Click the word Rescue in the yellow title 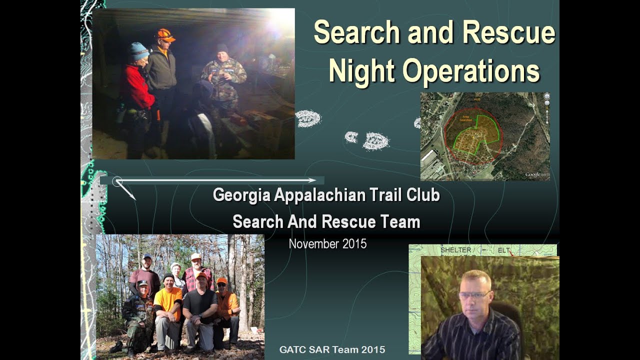508,33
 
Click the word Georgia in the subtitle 241,195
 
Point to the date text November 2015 327,244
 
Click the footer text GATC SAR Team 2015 332,350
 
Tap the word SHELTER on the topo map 455,249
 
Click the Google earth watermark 536,174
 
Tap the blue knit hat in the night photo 139,50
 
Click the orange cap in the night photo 164,35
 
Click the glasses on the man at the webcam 474,295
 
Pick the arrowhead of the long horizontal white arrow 312,180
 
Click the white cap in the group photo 196,256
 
